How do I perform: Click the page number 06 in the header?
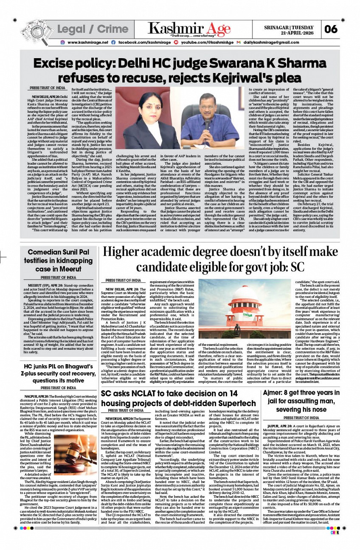(x=331, y=29)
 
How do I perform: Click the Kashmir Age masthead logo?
(x=189, y=29)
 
